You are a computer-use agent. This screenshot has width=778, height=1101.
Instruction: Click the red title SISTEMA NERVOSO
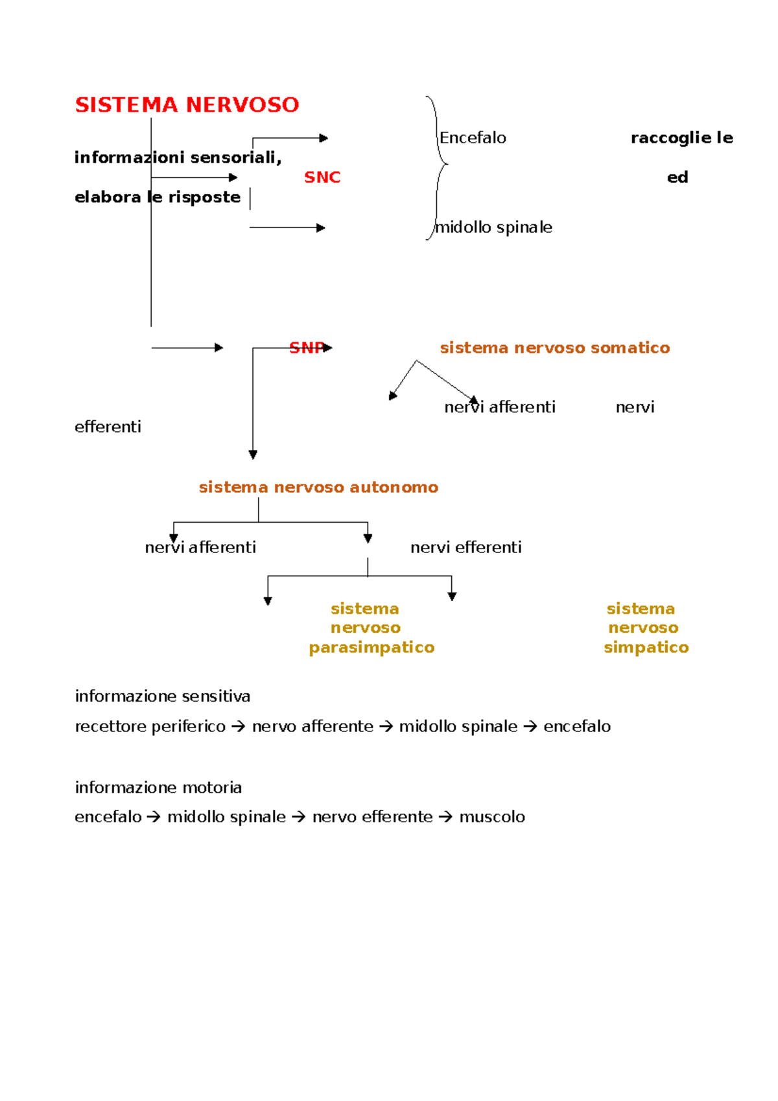coord(187,104)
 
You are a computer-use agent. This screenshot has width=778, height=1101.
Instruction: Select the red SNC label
coord(322,177)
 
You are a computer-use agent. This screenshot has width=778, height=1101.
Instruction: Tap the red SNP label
coord(307,348)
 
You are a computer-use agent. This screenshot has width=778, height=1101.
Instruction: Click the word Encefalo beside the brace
coord(472,137)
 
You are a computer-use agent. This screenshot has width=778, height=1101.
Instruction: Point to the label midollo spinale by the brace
coord(493,227)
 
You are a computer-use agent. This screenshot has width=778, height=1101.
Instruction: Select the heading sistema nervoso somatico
coord(555,348)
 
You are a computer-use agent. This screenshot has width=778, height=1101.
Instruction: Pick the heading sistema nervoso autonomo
coord(318,487)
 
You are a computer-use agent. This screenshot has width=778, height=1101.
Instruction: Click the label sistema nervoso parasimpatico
coord(371,628)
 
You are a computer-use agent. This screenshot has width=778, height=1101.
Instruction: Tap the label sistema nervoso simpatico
coord(646,628)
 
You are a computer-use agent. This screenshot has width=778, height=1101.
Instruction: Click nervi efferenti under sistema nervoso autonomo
coord(466,547)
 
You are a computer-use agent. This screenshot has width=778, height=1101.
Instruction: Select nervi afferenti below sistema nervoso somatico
coord(499,407)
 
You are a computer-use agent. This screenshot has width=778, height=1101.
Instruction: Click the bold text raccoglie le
coord(681,138)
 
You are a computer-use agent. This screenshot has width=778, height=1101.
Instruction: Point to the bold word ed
coord(678,177)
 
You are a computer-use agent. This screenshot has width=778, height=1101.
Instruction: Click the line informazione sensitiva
coord(162,696)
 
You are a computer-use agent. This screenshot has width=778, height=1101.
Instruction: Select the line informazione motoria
coord(158,787)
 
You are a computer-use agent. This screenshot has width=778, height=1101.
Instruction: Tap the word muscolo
coord(492,817)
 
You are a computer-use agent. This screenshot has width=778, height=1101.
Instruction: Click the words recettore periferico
coord(150,726)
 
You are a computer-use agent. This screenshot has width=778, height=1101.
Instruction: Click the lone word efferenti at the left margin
coord(108,427)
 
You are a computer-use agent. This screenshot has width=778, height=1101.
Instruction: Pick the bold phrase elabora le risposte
coord(158,197)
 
